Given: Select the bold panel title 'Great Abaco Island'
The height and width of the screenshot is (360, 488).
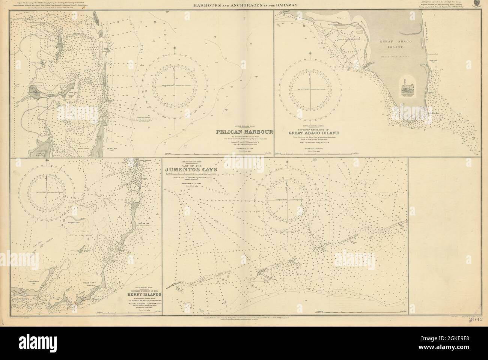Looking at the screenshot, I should pyautogui.click(x=314, y=133).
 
